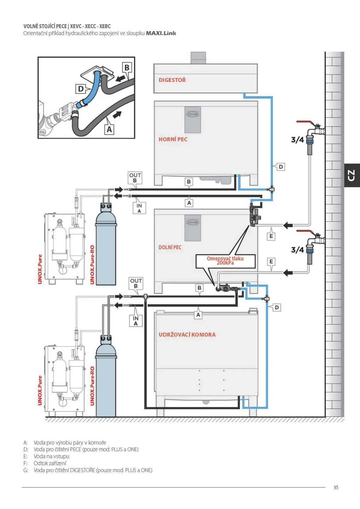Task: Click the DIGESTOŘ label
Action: point(172,80)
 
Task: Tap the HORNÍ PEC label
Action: point(173,139)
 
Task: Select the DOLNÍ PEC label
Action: point(170,247)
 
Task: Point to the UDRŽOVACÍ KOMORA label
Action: point(187,335)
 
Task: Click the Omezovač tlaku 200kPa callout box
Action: point(225,261)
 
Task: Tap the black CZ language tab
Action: point(352,175)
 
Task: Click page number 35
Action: point(336,487)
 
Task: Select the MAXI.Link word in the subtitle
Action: point(161,33)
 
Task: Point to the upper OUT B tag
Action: point(135,178)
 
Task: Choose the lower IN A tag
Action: point(135,321)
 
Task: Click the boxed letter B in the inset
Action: point(127,68)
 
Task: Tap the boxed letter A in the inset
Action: point(109,130)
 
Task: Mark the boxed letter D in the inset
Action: point(81,89)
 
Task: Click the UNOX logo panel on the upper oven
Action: point(193,119)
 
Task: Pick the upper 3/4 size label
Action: point(297,140)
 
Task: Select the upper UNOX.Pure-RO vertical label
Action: point(92,264)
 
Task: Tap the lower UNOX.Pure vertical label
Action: point(40,390)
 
